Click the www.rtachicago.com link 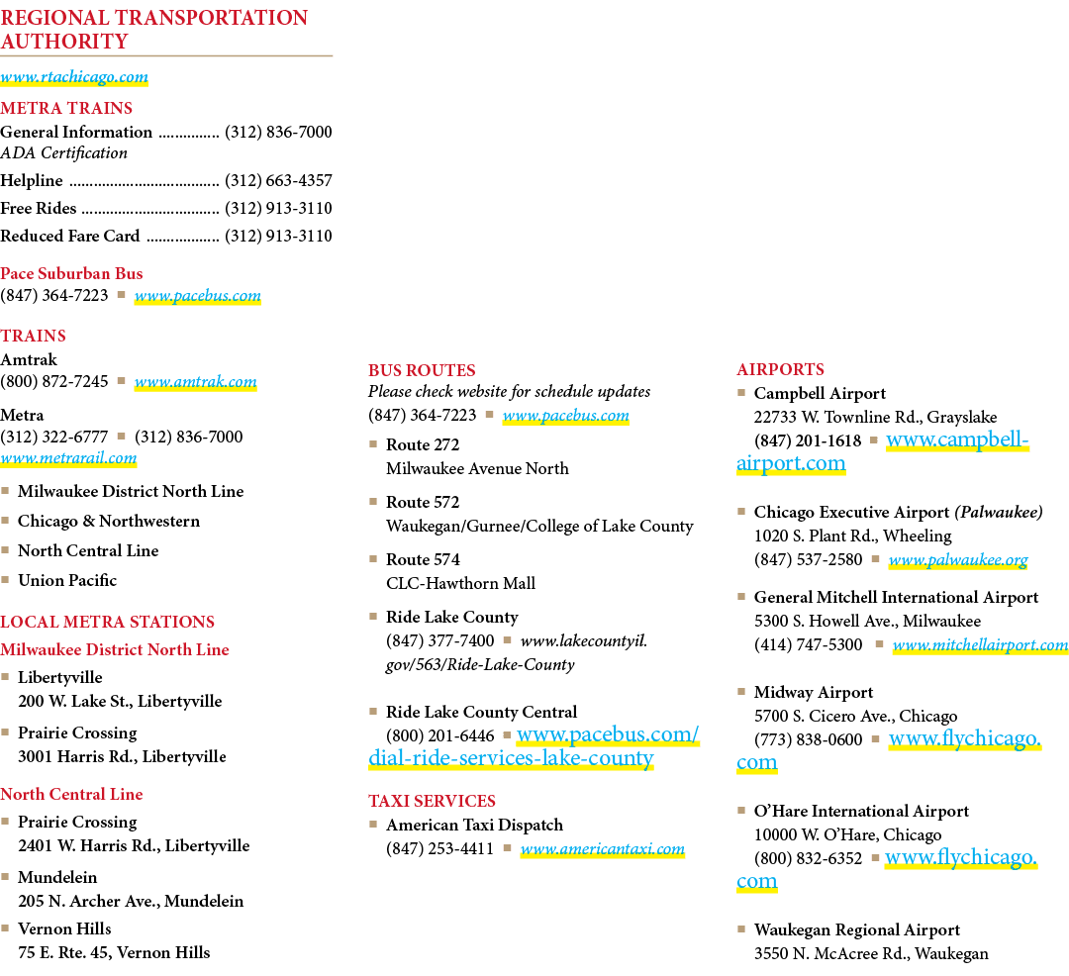(x=74, y=77)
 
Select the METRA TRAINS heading (x=66, y=108)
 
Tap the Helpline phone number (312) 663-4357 (x=278, y=180)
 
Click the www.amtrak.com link (x=196, y=382)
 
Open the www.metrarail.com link (x=68, y=458)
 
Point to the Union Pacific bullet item (x=67, y=580)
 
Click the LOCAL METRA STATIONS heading (x=107, y=622)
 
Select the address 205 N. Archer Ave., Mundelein (x=131, y=901)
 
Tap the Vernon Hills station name (x=64, y=928)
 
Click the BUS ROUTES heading (x=422, y=370)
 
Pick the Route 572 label (x=423, y=502)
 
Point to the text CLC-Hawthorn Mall (x=461, y=583)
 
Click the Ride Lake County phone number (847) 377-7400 (x=439, y=640)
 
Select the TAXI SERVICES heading (x=432, y=801)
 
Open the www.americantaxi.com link (x=603, y=849)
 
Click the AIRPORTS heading (x=781, y=369)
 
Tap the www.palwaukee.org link (x=958, y=560)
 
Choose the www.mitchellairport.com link (x=980, y=644)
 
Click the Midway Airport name (x=814, y=693)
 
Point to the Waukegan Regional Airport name (x=857, y=930)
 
